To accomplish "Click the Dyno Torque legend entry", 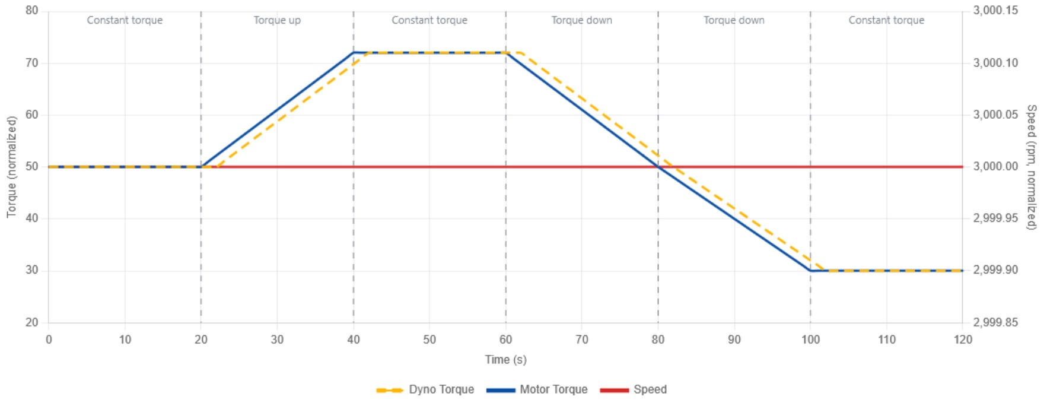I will click(x=425, y=390).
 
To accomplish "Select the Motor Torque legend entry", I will click(x=537, y=390).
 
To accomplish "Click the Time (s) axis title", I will click(x=505, y=360).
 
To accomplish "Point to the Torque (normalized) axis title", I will click(x=11, y=167).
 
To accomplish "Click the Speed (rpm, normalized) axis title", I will click(x=1032, y=167).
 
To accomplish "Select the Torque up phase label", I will click(x=277, y=20).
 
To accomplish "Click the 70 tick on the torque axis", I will click(x=32, y=63).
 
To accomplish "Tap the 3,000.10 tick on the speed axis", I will click(x=995, y=63).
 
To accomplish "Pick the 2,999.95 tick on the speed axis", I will click(x=995, y=218).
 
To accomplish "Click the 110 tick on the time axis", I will click(x=887, y=340).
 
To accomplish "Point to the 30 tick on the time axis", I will click(x=277, y=340).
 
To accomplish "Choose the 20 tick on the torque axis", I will click(x=32, y=322).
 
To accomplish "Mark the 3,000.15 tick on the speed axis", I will click(x=995, y=11).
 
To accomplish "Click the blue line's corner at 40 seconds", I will click(x=354, y=53).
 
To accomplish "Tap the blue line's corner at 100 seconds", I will click(x=810, y=271).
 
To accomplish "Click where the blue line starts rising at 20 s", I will click(x=201, y=167).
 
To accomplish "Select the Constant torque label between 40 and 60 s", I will click(x=429, y=20).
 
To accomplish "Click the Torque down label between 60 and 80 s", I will click(x=582, y=20).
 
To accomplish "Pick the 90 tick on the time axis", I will click(x=734, y=340).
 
